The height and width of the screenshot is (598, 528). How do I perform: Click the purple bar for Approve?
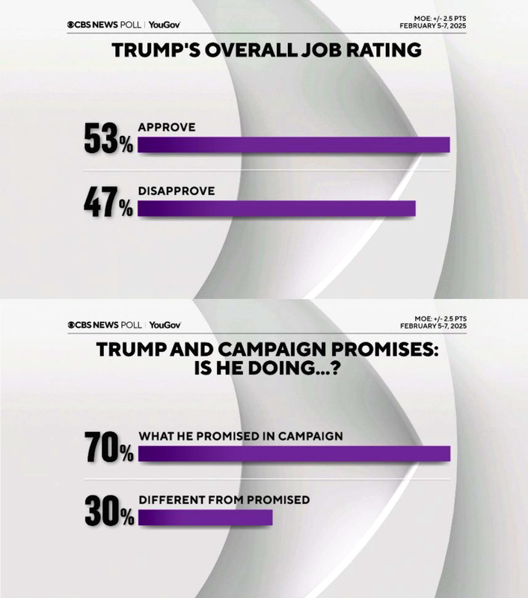point(293,145)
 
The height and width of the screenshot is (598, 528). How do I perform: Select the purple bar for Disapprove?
point(276,209)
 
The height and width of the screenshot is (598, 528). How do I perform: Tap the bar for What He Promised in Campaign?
point(294,454)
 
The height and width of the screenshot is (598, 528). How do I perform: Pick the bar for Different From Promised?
point(206,517)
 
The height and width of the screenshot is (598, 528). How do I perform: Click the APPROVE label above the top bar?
point(166,127)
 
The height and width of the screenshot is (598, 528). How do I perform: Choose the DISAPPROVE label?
point(176,191)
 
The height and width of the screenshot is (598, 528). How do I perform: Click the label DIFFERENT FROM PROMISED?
point(224,499)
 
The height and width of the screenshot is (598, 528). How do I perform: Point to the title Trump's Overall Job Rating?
point(266,51)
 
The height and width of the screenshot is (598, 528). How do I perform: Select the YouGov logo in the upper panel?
point(165,25)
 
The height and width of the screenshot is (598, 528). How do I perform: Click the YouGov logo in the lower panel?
point(165,325)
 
